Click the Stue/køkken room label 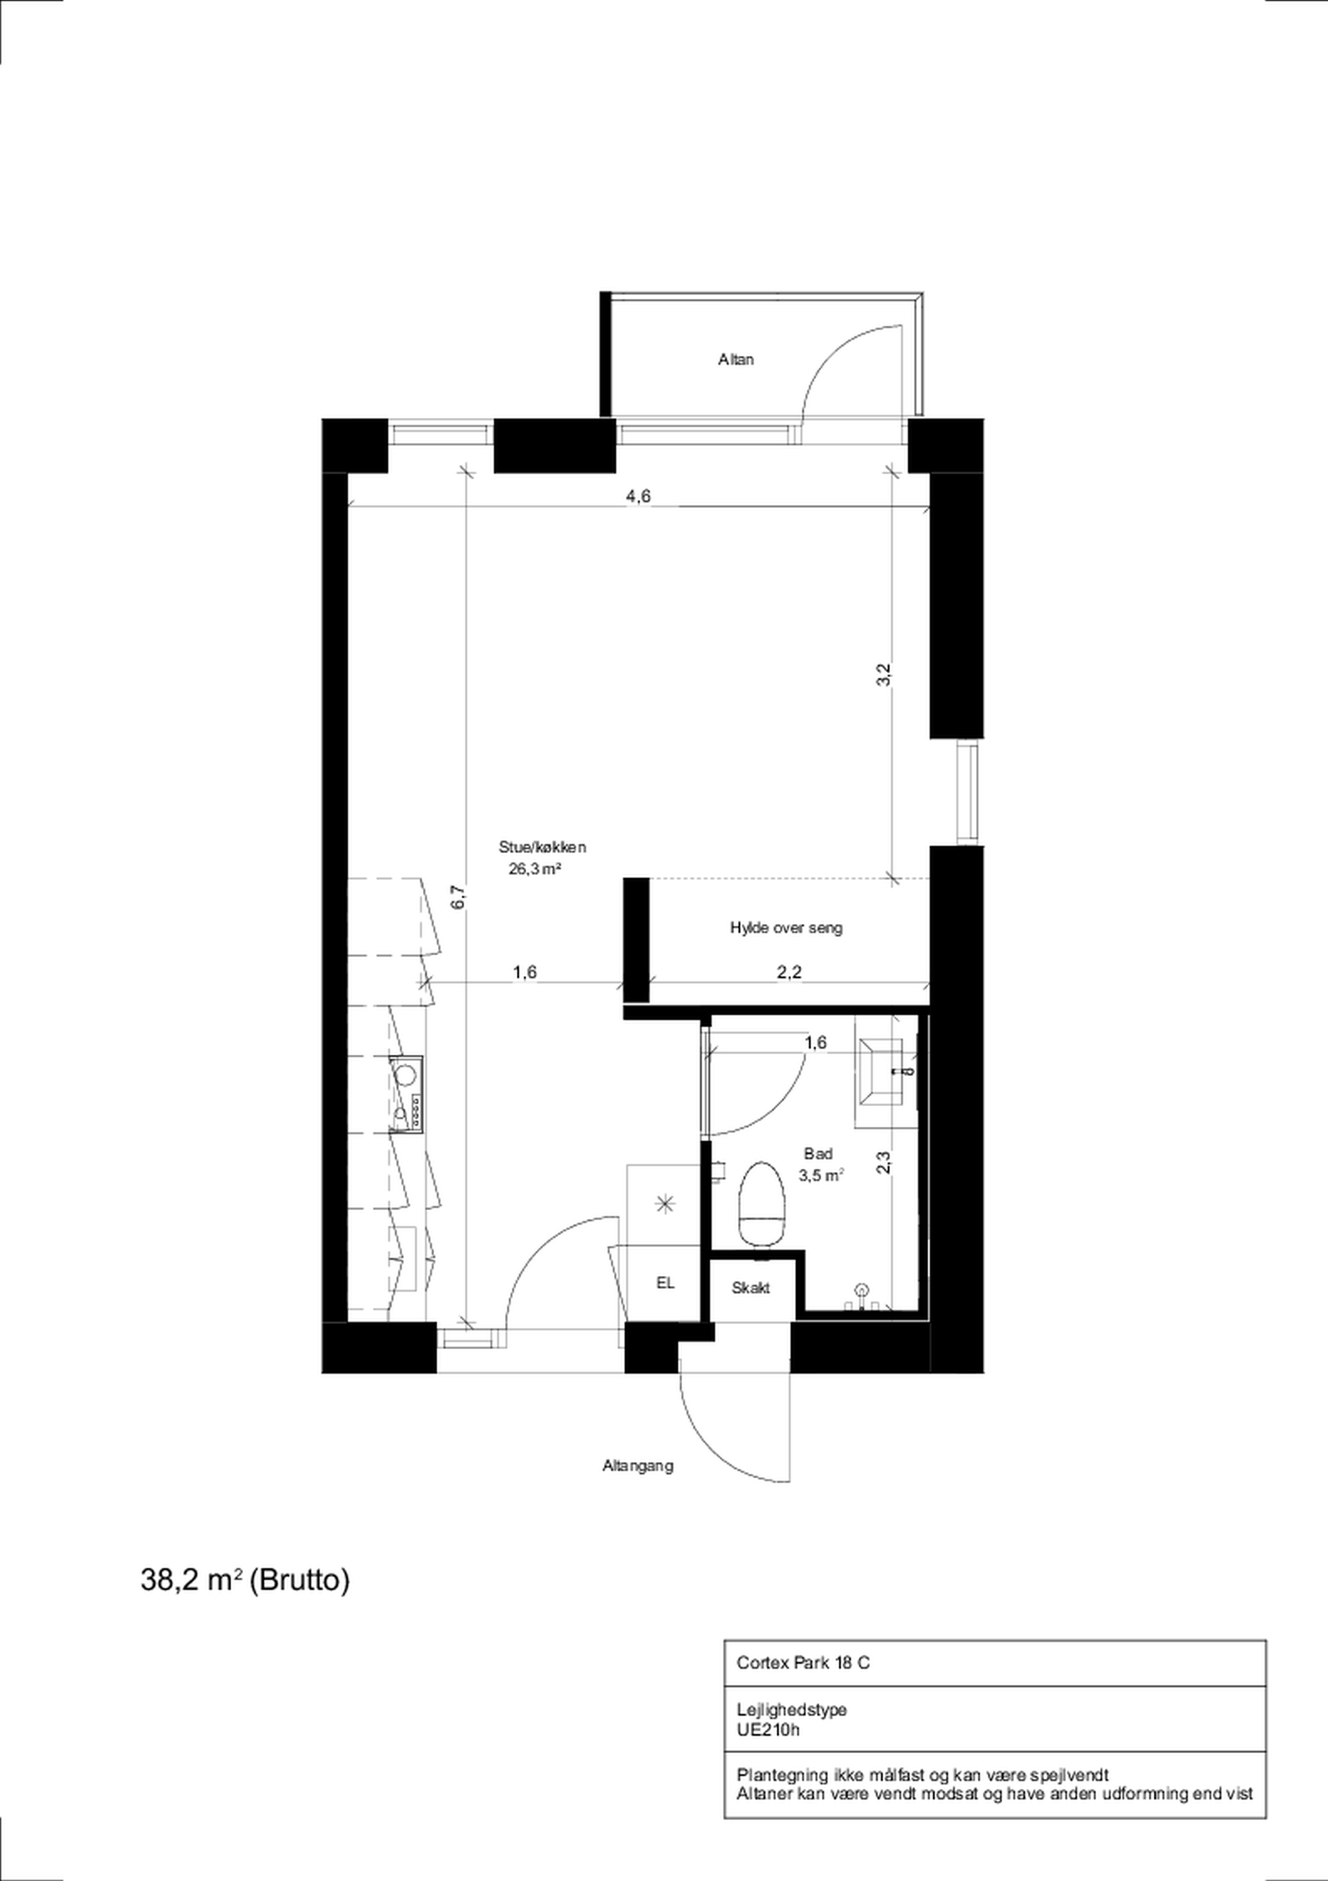(542, 847)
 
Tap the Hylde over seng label (786, 927)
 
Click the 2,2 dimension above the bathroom (789, 972)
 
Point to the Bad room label (818, 1153)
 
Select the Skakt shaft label (750, 1288)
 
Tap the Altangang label (638, 1465)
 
